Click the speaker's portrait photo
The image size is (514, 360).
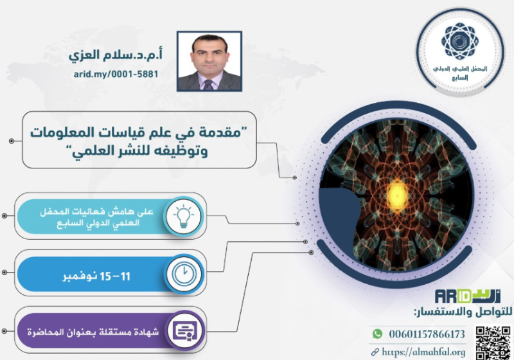(x=209, y=61)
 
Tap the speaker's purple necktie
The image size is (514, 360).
(x=208, y=85)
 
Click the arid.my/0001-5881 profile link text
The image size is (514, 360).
(x=116, y=74)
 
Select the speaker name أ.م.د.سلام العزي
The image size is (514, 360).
(x=116, y=55)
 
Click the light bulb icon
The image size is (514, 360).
(x=183, y=216)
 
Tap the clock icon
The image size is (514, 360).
(x=184, y=273)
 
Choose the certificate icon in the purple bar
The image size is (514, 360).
(x=185, y=330)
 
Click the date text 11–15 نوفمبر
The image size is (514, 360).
(x=96, y=276)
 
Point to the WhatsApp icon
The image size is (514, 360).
(x=377, y=334)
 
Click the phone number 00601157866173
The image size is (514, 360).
(x=427, y=334)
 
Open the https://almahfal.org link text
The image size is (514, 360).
(x=423, y=352)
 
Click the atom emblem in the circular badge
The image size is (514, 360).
(x=459, y=41)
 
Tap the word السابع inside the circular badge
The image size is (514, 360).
(x=459, y=78)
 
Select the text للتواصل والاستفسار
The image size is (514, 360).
(x=463, y=312)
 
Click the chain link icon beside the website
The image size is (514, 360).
(x=375, y=352)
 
